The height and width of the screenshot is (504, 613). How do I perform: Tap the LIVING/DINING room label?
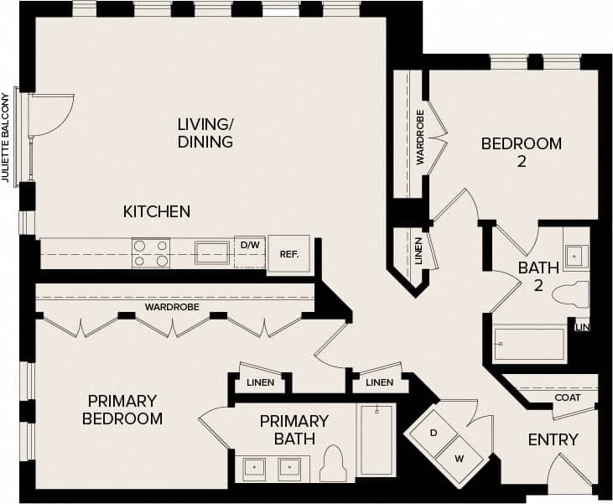205,133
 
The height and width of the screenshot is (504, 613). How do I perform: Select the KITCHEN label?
157,211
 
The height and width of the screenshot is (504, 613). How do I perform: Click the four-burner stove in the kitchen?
151,252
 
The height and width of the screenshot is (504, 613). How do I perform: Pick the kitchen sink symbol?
212,252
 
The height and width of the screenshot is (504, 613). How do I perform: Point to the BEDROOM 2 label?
521,152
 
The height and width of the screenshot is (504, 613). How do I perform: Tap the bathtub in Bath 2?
529,345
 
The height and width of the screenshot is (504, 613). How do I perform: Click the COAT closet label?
569,397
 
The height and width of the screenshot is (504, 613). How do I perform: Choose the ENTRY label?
553,439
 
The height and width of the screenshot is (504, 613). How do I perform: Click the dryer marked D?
433,434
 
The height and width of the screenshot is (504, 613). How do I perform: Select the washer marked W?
459,458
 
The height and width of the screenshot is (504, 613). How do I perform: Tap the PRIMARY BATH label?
294,429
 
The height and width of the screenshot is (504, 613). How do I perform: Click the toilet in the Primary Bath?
334,464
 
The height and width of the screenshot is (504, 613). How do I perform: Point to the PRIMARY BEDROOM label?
122,409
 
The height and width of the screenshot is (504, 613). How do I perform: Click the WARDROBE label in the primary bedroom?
172,307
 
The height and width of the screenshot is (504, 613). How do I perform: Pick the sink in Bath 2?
576,255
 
